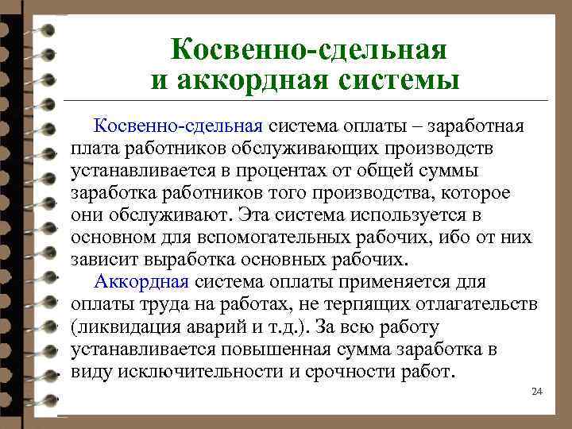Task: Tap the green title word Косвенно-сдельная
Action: (308, 51)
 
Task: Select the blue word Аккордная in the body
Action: (141, 281)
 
